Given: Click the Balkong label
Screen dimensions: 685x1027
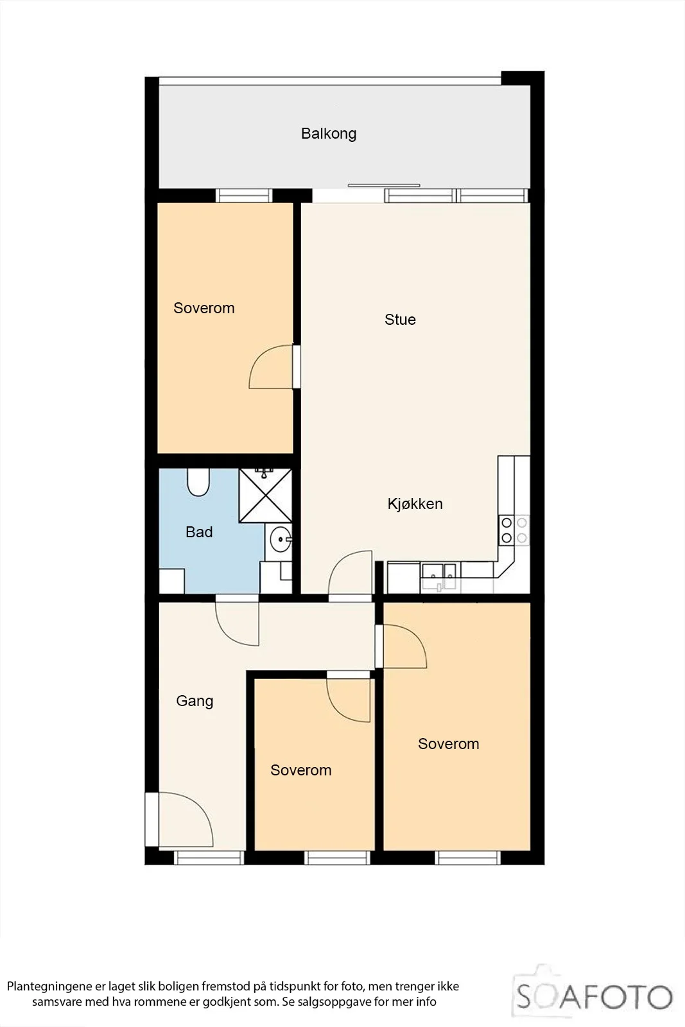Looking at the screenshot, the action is tap(328, 134).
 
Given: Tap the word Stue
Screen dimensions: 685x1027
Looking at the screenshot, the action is tap(400, 320).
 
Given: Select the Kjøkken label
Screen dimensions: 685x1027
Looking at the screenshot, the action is tap(415, 504).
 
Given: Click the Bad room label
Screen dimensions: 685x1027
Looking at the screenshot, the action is tap(199, 532).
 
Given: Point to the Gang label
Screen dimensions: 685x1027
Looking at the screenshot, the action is tap(195, 701).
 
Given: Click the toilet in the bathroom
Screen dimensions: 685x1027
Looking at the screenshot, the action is tap(198, 481).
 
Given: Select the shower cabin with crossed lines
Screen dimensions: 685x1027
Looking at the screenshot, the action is tap(266, 495).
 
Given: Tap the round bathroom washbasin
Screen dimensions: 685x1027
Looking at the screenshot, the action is tap(280, 540).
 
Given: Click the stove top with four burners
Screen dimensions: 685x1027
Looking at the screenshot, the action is tap(514, 530).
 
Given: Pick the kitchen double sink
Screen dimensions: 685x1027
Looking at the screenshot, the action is tap(438, 576).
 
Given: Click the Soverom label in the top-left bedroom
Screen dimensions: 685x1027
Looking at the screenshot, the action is tap(204, 308).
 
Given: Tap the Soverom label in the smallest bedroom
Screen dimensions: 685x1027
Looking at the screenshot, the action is tap(301, 770).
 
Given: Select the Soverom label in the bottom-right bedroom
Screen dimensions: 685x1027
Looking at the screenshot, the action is tap(448, 744).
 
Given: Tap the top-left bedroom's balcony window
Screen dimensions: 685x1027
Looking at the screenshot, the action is tap(244, 195).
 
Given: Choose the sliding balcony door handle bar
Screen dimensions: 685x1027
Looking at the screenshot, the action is tap(384, 186).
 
